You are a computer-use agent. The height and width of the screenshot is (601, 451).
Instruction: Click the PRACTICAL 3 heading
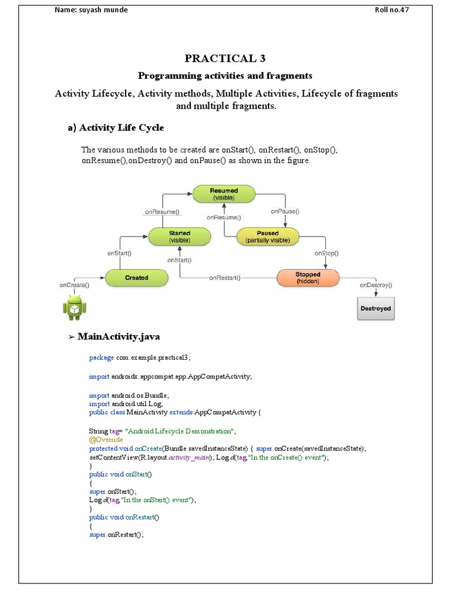pyautogui.click(x=225, y=58)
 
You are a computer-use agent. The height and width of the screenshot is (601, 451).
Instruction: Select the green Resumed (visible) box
pyautogui.click(x=224, y=194)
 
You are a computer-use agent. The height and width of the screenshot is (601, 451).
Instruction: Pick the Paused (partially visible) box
pyautogui.click(x=268, y=237)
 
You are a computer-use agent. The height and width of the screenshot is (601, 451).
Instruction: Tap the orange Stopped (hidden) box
pyautogui.click(x=308, y=278)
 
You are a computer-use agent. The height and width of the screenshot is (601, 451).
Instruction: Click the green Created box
pyautogui.click(x=136, y=278)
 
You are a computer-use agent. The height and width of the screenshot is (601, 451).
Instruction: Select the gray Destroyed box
pyautogui.click(x=376, y=309)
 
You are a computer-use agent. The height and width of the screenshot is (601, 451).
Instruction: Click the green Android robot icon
pyautogui.click(x=74, y=308)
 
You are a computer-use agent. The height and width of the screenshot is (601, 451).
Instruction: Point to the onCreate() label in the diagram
pyautogui.click(x=74, y=285)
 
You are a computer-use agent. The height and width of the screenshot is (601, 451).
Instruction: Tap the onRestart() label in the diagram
pyautogui.click(x=225, y=278)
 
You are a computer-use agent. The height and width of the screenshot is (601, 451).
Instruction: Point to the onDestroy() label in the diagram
pyautogui.click(x=376, y=285)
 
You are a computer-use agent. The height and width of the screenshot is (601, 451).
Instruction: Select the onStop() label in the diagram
pyautogui.click(x=327, y=254)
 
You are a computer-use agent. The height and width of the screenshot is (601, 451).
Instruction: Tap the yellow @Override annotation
pyautogui.click(x=106, y=440)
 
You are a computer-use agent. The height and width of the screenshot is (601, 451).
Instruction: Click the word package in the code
pyautogui.click(x=101, y=357)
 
